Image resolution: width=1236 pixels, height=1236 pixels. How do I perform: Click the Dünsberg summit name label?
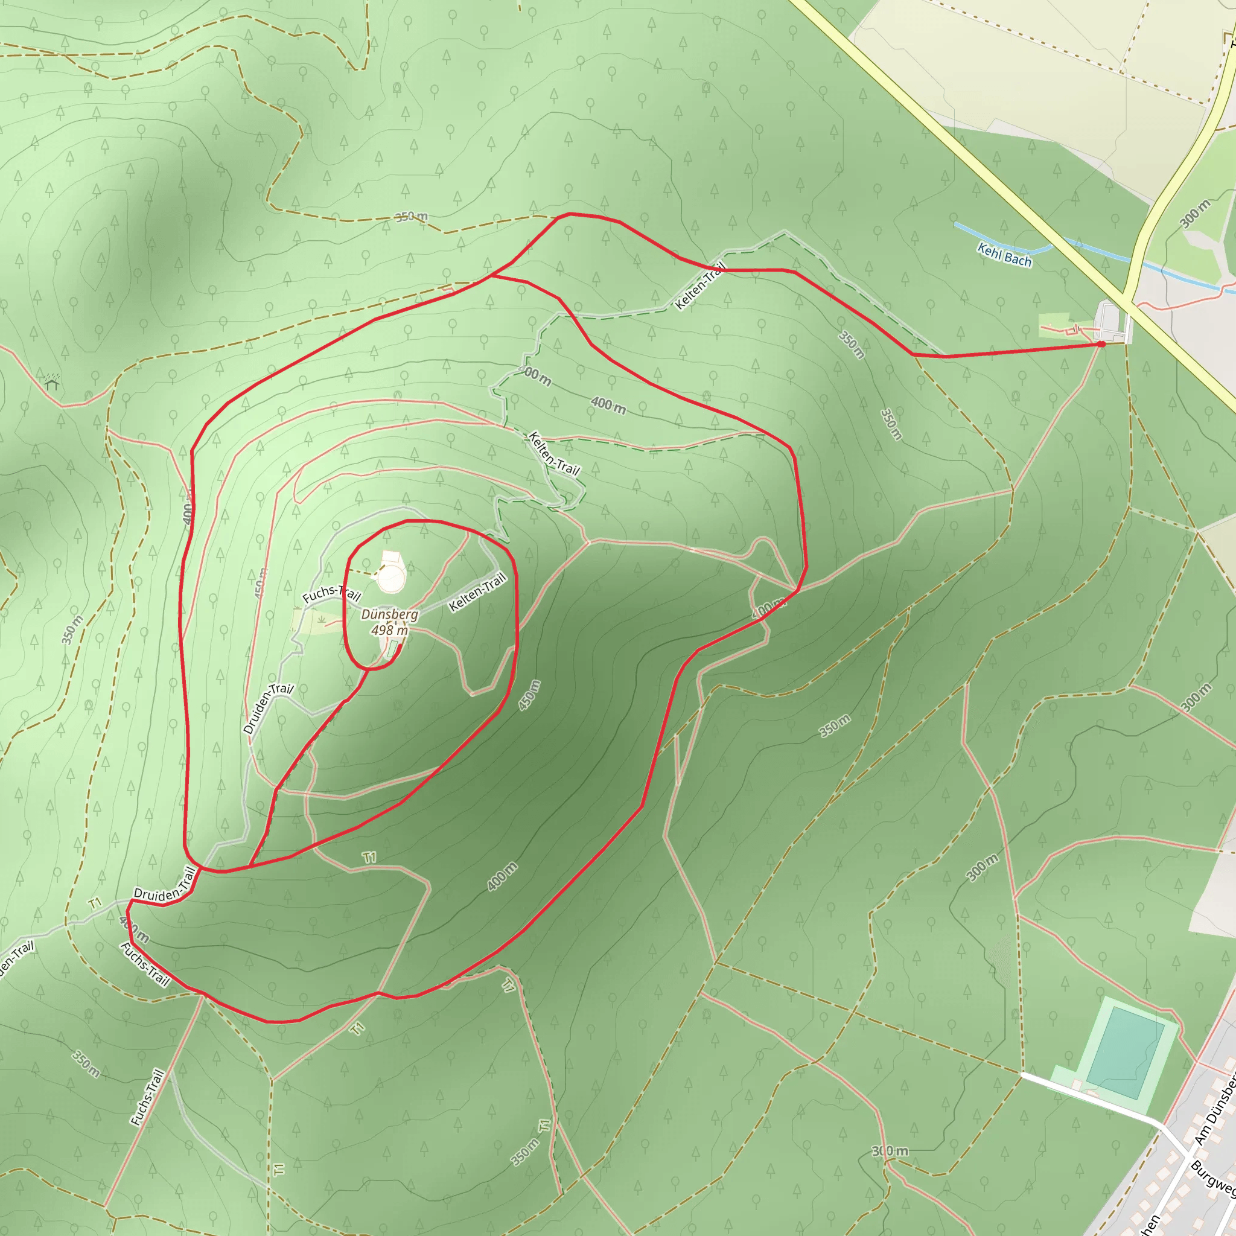(389, 614)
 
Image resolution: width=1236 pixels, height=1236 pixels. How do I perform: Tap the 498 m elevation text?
(389, 630)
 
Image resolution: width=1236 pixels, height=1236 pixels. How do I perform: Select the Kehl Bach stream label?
(1004, 255)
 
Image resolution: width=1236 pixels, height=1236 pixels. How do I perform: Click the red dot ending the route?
(1101, 344)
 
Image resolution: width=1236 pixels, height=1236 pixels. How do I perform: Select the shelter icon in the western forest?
(53, 383)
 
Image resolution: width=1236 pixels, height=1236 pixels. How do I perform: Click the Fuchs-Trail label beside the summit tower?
(331, 593)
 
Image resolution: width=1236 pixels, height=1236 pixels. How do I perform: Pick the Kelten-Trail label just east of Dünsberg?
(477, 593)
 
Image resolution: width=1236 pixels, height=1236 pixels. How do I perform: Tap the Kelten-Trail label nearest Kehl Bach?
(701, 286)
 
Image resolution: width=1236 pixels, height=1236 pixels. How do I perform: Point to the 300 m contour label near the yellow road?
(1195, 214)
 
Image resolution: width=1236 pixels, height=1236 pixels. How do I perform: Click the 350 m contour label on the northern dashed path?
(412, 217)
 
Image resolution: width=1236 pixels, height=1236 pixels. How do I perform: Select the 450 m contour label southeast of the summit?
(529, 695)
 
